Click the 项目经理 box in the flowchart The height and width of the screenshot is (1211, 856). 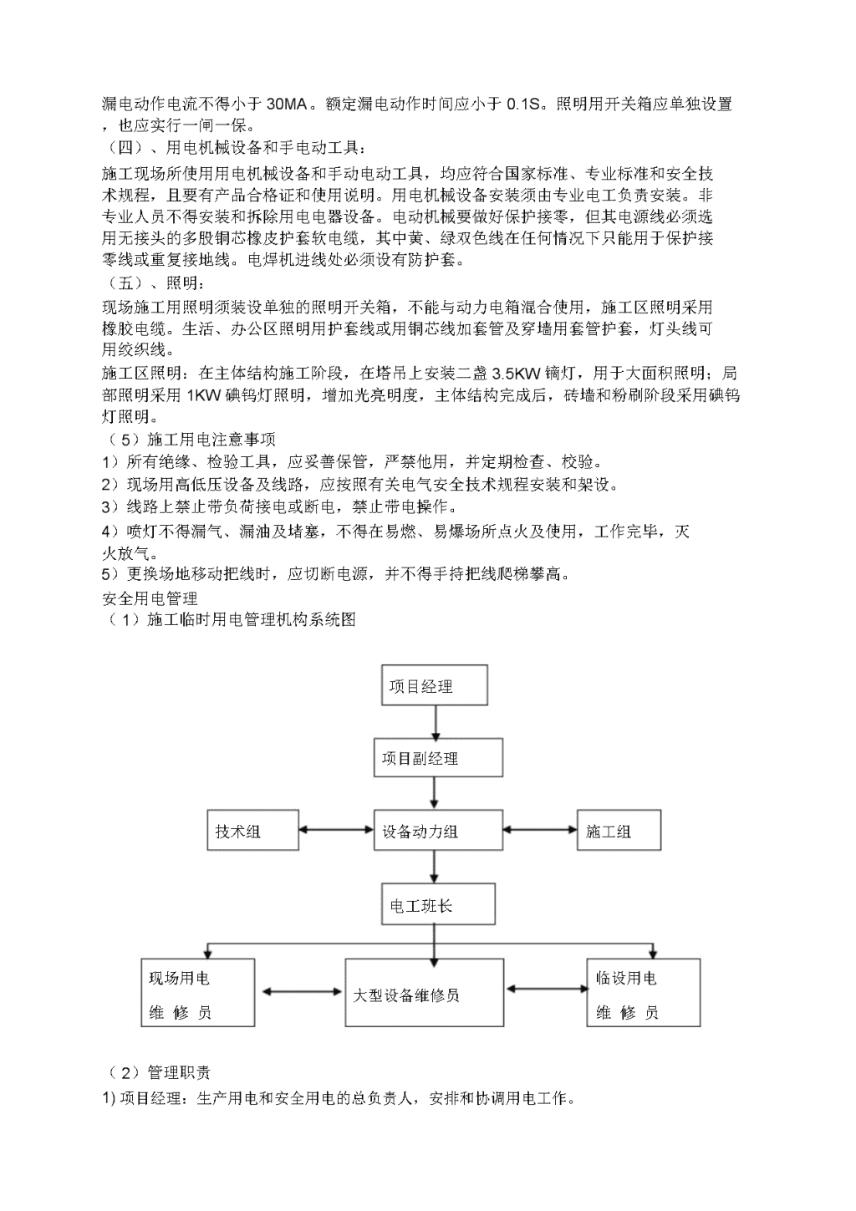click(434, 685)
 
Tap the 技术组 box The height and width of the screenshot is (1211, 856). click(252, 830)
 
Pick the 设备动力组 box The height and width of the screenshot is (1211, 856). click(438, 830)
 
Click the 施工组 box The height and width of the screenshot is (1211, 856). click(619, 830)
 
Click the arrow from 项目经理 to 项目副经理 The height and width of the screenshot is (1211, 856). click(436, 722)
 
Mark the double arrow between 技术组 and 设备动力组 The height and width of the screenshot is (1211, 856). click(336, 829)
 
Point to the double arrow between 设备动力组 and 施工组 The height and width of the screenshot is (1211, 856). click(540, 829)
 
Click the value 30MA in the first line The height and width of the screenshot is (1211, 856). click(287, 104)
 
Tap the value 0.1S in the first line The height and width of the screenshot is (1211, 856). click(523, 104)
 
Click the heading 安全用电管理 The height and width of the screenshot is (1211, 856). click(150, 598)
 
